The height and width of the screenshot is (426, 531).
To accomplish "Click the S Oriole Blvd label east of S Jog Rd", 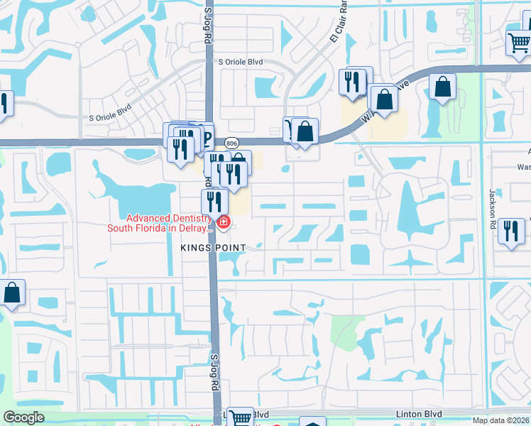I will point(241,62).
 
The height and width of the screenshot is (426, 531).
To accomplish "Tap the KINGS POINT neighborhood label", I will point(212,247).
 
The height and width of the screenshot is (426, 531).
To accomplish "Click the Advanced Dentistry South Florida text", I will point(160,223).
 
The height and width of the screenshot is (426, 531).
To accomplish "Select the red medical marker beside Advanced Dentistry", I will point(224,223).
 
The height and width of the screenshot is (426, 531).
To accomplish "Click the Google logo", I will point(24,417).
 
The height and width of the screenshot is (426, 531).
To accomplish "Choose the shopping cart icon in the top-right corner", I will point(518,44).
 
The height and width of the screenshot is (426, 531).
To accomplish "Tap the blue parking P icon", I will point(207,137).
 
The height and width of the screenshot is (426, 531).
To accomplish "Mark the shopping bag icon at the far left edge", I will point(12,292).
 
